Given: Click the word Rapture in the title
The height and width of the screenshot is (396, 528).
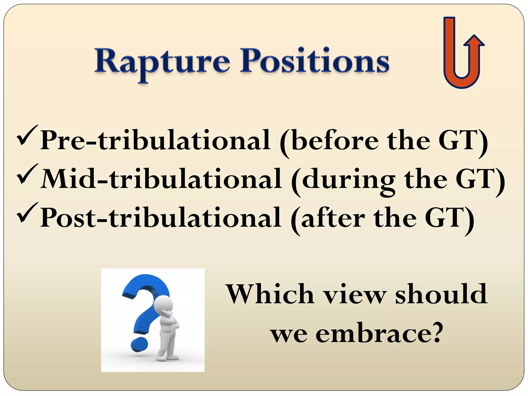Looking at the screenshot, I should click(x=162, y=62).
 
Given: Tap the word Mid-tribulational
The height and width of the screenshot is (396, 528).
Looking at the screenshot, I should click(x=161, y=179).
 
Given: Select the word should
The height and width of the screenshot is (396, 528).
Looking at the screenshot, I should click(x=441, y=294).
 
